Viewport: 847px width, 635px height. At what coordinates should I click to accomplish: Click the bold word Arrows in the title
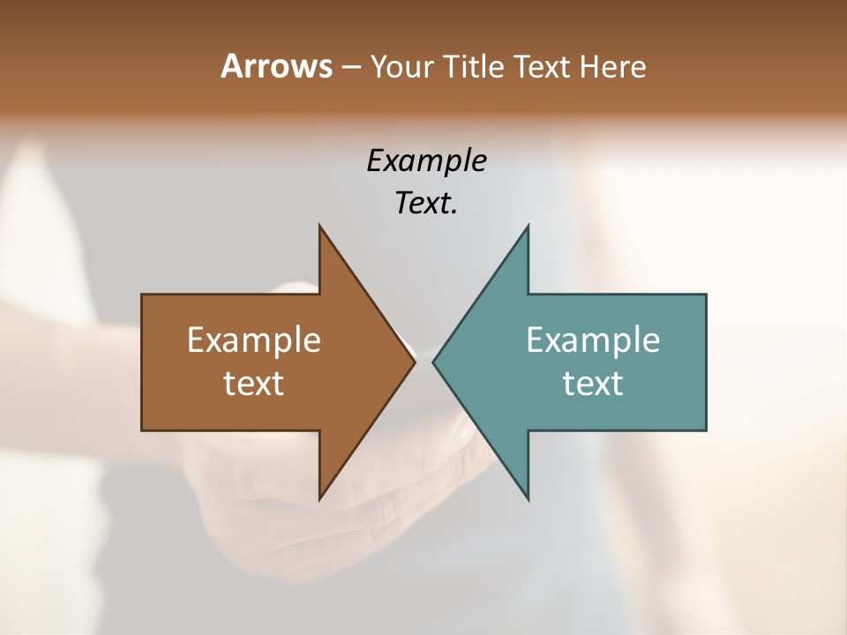(x=275, y=66)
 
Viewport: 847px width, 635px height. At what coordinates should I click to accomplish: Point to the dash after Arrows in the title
(x=350, y=68)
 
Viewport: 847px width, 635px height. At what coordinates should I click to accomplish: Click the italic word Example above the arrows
(x=427, y=161)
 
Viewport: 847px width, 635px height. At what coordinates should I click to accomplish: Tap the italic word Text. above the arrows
(x=426, y=204)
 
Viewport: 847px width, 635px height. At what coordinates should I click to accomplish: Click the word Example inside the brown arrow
(x=254, y=340)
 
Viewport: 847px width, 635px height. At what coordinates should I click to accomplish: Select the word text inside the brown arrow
(x=254, y=384)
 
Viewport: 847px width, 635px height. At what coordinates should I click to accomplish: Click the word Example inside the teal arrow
(x=593, y=340)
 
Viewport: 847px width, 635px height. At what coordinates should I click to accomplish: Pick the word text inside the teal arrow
(x=593, y=384)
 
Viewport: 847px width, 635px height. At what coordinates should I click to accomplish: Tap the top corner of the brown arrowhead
(x=319, y=226)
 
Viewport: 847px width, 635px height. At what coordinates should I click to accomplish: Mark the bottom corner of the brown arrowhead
(x=319, y=499)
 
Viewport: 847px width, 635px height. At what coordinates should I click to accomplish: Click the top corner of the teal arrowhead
(x=528, y=226)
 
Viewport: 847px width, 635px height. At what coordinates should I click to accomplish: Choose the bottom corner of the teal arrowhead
(x=528, y=499)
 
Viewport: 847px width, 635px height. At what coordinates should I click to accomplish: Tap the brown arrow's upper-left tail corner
(x=142, y=295)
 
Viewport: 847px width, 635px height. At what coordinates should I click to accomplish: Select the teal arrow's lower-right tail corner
(x=706, y=430)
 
